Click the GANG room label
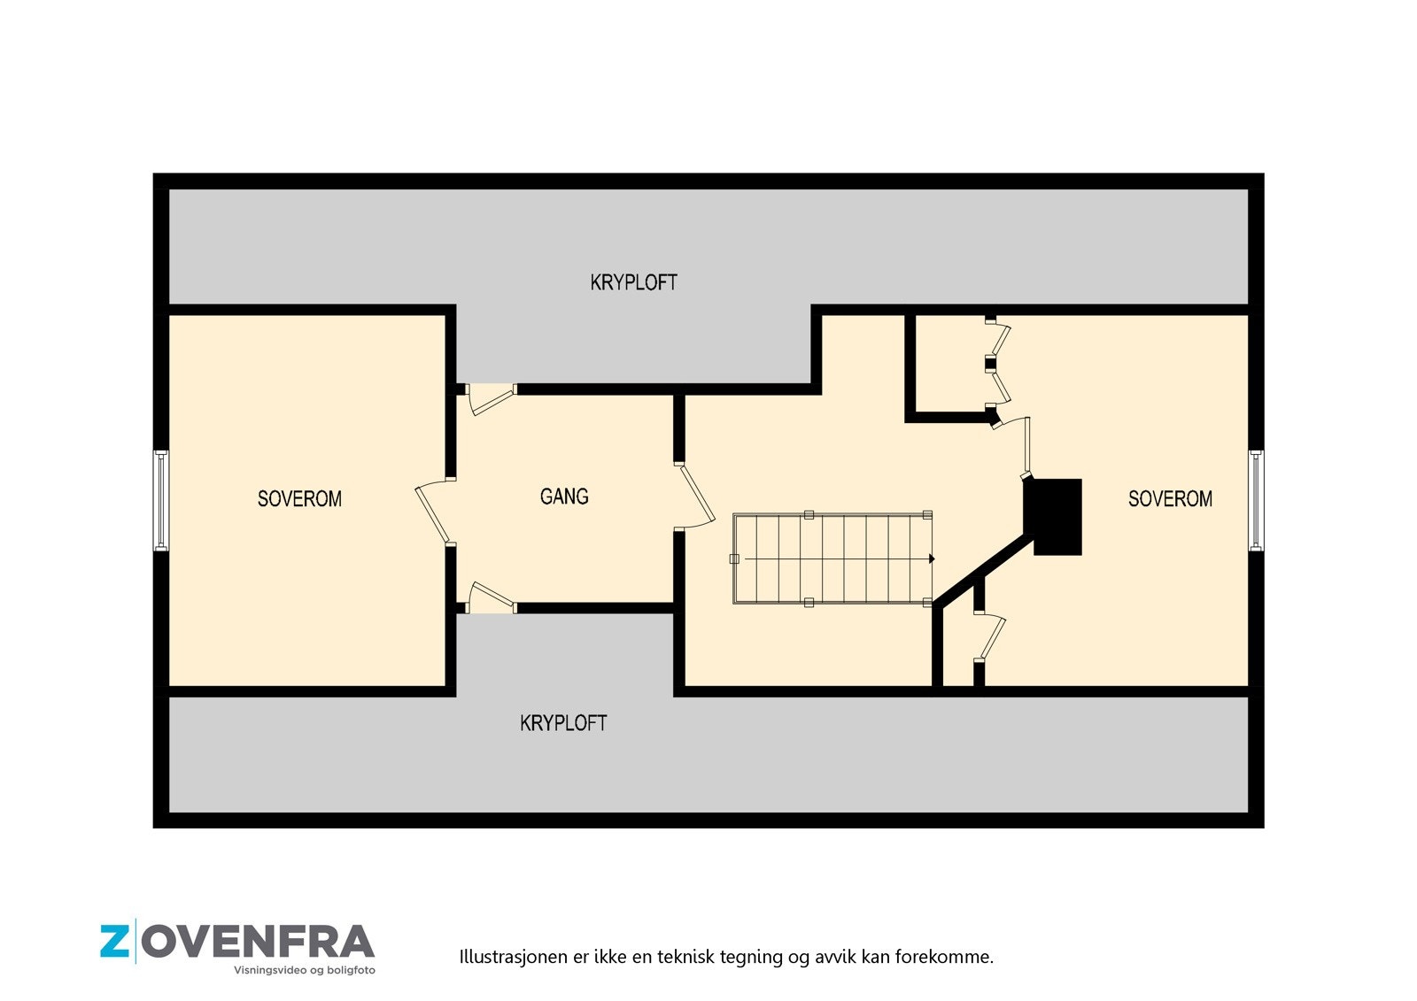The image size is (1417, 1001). coord(564,497)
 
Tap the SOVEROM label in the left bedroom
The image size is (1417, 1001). coord(299,499)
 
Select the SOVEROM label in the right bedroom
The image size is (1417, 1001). coord(1169,499)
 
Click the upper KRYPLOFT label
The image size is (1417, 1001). coord(633,282)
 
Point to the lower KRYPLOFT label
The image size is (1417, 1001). coord(563,723)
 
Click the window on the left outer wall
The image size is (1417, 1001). coord(161,500)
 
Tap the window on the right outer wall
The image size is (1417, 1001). coord(1256,500)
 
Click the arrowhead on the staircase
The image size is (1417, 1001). coord(931,559)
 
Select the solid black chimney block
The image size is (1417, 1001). coord(1054,516)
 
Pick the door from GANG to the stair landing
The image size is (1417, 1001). coord(697,496)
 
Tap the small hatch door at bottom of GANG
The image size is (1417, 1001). coord(490,597)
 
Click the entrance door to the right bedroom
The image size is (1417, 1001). coord(1018,443)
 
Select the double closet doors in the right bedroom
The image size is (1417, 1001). coord(999,365)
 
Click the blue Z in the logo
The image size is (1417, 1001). coord(115,942)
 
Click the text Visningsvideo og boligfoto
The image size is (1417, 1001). coord(304,971)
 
